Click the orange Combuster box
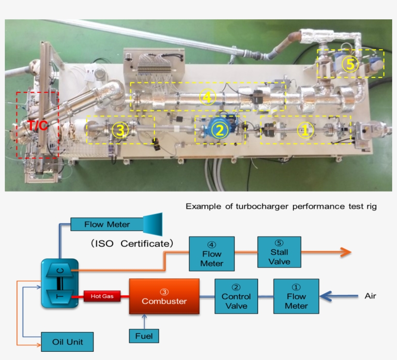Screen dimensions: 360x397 coord(164,297)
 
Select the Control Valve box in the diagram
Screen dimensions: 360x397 coord(236,297)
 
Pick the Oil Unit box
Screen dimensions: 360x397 coord(67,342)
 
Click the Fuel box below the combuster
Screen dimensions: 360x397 coord(144,335)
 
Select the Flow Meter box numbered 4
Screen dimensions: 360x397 coord(212,254)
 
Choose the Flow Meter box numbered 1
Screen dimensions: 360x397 coord(296,296)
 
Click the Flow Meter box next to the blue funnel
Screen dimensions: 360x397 coord(107,224)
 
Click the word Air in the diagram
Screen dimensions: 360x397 coord(370,296)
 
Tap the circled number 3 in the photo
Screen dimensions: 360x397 coord(120,130)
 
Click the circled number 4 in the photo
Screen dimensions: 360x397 coord(207,97)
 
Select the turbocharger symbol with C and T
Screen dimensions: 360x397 coord(59,283)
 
